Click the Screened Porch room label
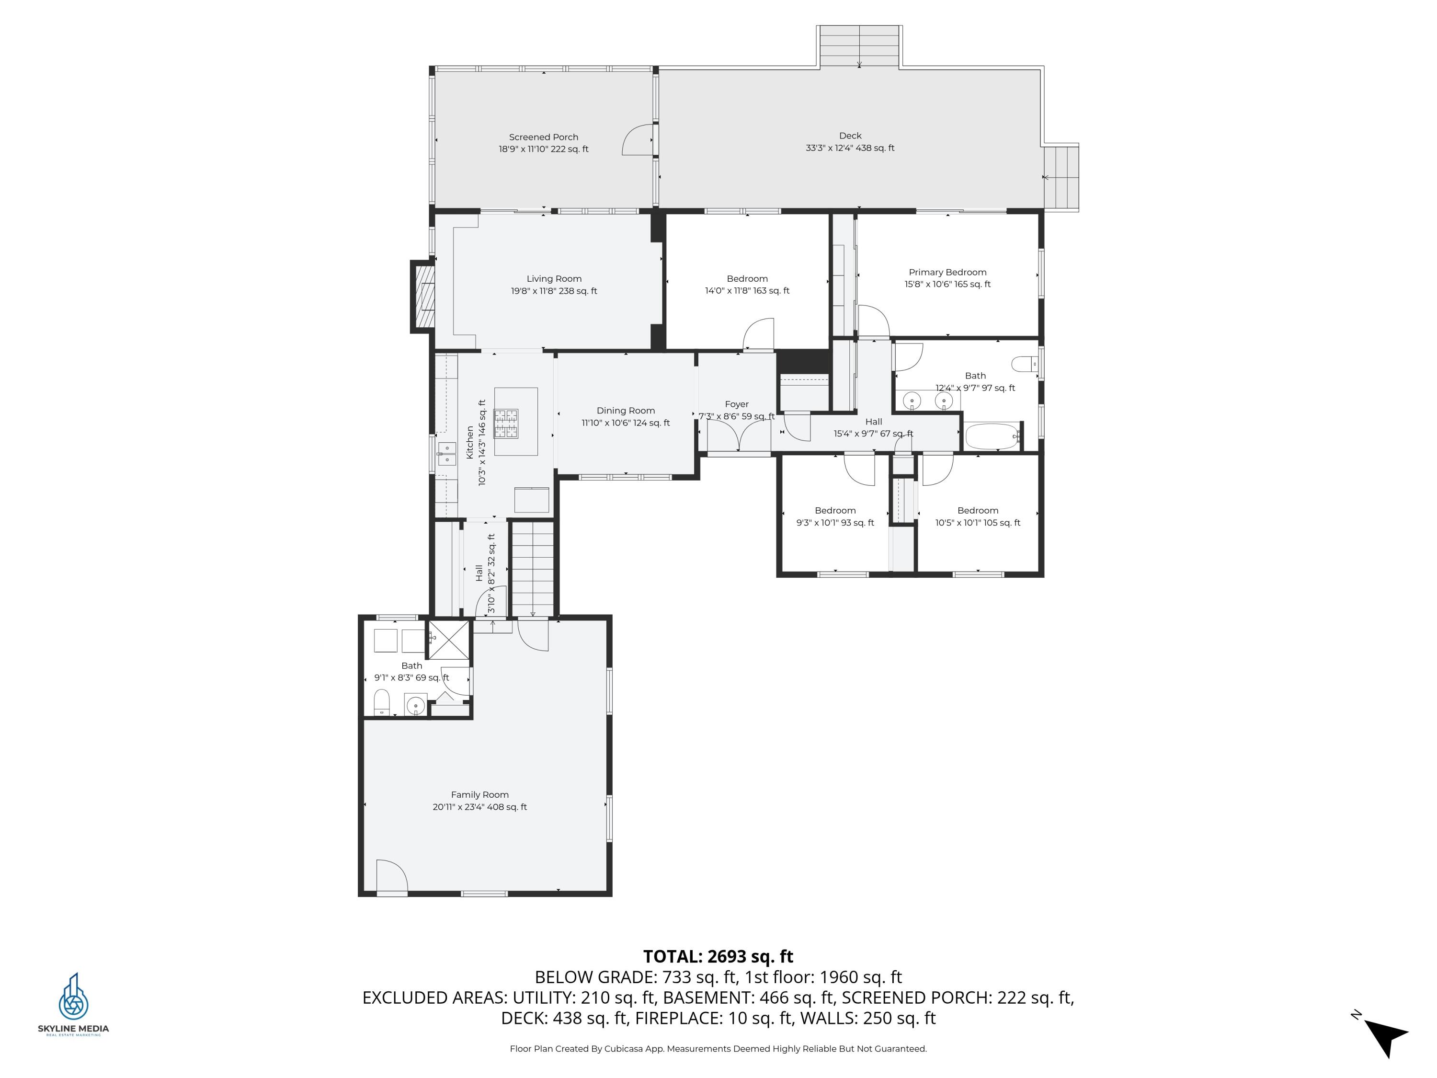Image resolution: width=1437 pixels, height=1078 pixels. pyautogui.click(x=543, y=137)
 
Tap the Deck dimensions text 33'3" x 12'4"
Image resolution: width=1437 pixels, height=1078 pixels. pyautogui.click(x=832, y=148)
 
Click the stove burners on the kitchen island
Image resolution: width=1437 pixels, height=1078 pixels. pyautogui.click(x=505, y=424)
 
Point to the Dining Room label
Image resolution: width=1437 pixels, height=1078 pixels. pyautogui.click(x=625, y=411)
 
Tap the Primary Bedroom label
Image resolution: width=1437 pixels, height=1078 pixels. pyautogui.click(x=947, y=272)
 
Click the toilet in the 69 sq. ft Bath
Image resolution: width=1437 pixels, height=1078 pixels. pyautogui.click(x=382, y=702)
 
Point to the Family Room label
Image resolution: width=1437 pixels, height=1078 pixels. pyautogui.click(x=479, y=795)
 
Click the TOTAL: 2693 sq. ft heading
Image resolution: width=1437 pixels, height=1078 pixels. pyautogui.click(x=718, y=956)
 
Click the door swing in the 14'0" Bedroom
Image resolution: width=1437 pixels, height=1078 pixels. pyautogui.click(x=759, y=334)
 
